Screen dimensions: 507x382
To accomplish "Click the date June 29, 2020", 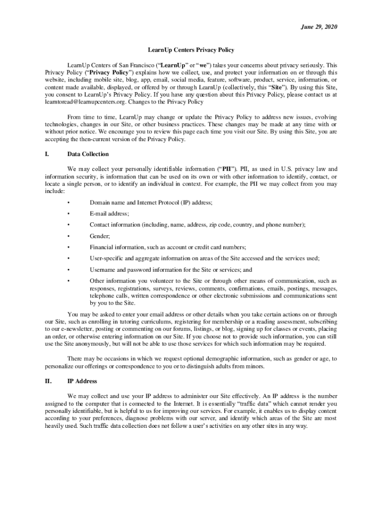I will click(319, 27).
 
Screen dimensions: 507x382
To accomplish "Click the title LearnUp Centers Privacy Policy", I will click(191, 50).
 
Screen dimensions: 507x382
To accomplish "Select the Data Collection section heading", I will click(88, 154).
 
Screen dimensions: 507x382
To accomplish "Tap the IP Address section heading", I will click(82, 381).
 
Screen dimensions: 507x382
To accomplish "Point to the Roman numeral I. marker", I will click(47, 154).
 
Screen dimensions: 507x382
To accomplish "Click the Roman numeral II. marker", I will click(48, 381).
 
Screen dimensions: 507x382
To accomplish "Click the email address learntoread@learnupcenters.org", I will click(85, 101).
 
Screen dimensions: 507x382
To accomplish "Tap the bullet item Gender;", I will click(100, 236).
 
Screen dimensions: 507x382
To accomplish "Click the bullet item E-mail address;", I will click(109, 213).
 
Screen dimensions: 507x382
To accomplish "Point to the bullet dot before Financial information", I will click(68, 247).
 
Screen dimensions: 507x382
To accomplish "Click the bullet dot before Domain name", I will click(68, 203).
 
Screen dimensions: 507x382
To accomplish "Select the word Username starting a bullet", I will click(103, 270).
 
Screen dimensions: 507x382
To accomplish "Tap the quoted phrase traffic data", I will click(254, 404).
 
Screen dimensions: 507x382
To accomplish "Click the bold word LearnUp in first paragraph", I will click(174, 65).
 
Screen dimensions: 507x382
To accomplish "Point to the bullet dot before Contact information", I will click(68, 225).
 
